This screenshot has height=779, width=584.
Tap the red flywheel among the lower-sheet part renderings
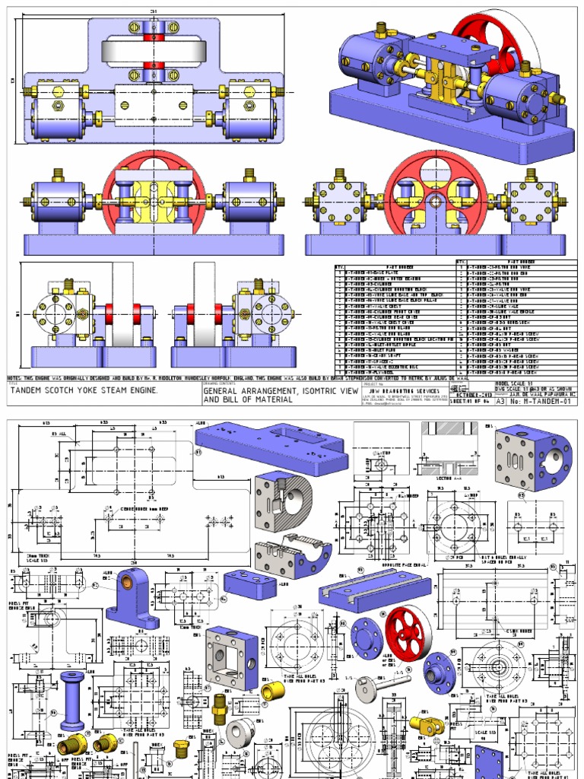click(408, 631)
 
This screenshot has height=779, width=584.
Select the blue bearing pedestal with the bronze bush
click(131, 594)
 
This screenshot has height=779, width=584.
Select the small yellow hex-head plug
click(182, 749)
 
